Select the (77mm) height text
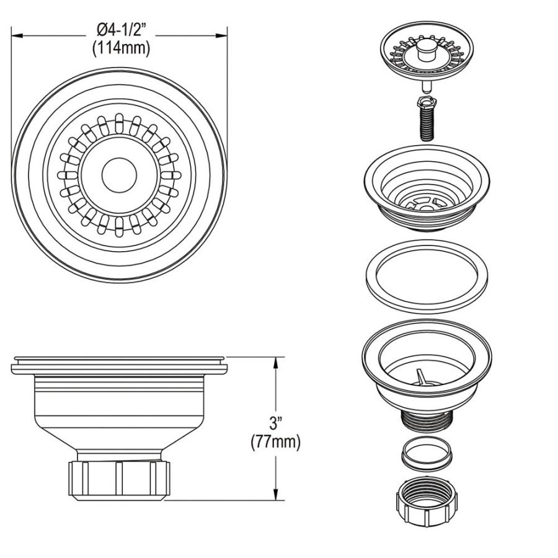click(275, 442)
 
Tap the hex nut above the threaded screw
click(426, 101)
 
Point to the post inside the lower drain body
click(419, 376)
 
